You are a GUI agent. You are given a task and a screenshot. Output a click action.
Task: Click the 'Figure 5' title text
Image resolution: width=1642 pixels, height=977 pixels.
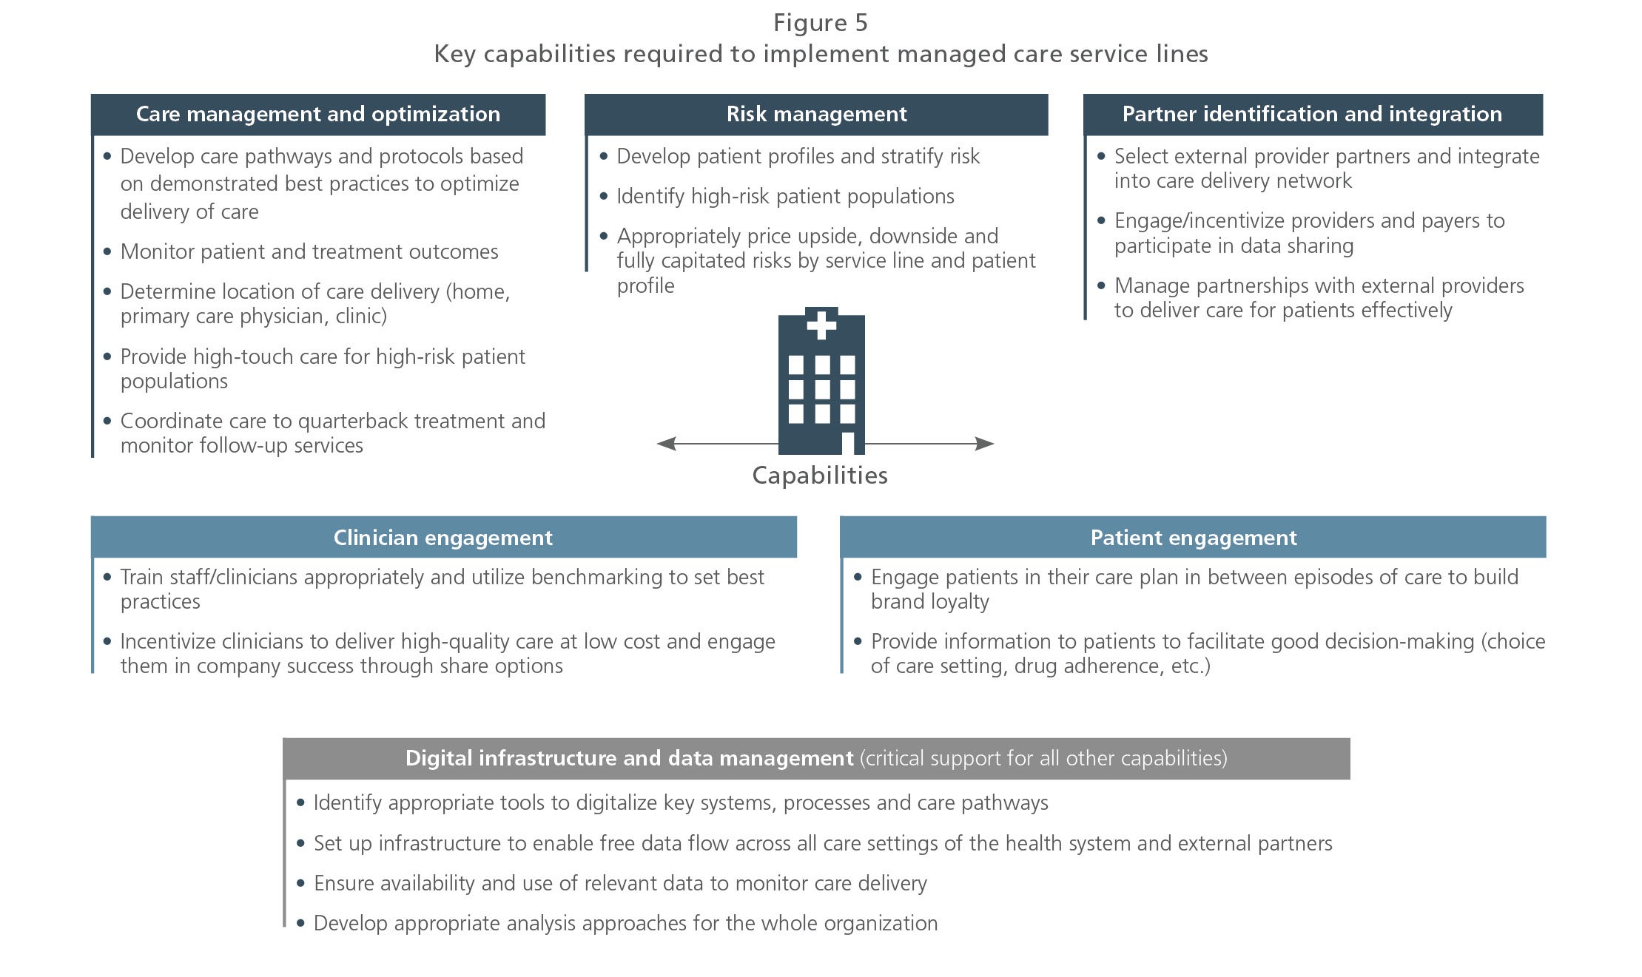[820, 23]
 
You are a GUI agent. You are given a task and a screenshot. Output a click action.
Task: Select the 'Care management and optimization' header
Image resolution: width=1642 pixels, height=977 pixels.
[318, 114]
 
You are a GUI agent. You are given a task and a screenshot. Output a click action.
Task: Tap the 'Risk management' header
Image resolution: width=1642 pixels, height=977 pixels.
[816, 114]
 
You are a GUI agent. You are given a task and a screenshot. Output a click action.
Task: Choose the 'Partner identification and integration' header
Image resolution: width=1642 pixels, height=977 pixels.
[1313, 114]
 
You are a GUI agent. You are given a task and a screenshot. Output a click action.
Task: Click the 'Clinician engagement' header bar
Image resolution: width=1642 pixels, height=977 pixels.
[443, 537]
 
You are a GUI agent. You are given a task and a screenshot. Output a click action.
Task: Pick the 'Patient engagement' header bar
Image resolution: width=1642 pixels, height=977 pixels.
[1193, 537]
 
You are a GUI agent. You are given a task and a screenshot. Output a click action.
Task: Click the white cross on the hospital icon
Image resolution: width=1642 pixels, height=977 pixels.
[821, 324]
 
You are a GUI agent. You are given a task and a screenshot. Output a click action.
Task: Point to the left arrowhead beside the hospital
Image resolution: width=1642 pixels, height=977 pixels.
[667, 444]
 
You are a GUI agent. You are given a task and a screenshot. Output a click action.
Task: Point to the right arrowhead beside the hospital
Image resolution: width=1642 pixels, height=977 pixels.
[984, 444]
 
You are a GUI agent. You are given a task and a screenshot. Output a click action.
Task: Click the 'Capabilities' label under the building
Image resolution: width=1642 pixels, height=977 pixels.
[820, 476]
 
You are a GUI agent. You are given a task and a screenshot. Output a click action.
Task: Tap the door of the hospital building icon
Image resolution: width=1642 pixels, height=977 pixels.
[847, 443]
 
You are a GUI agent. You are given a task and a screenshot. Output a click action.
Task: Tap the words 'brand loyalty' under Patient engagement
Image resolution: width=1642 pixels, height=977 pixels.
[930, 601]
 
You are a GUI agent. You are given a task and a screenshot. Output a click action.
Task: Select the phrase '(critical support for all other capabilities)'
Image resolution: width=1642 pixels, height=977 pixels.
[1043, 758]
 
